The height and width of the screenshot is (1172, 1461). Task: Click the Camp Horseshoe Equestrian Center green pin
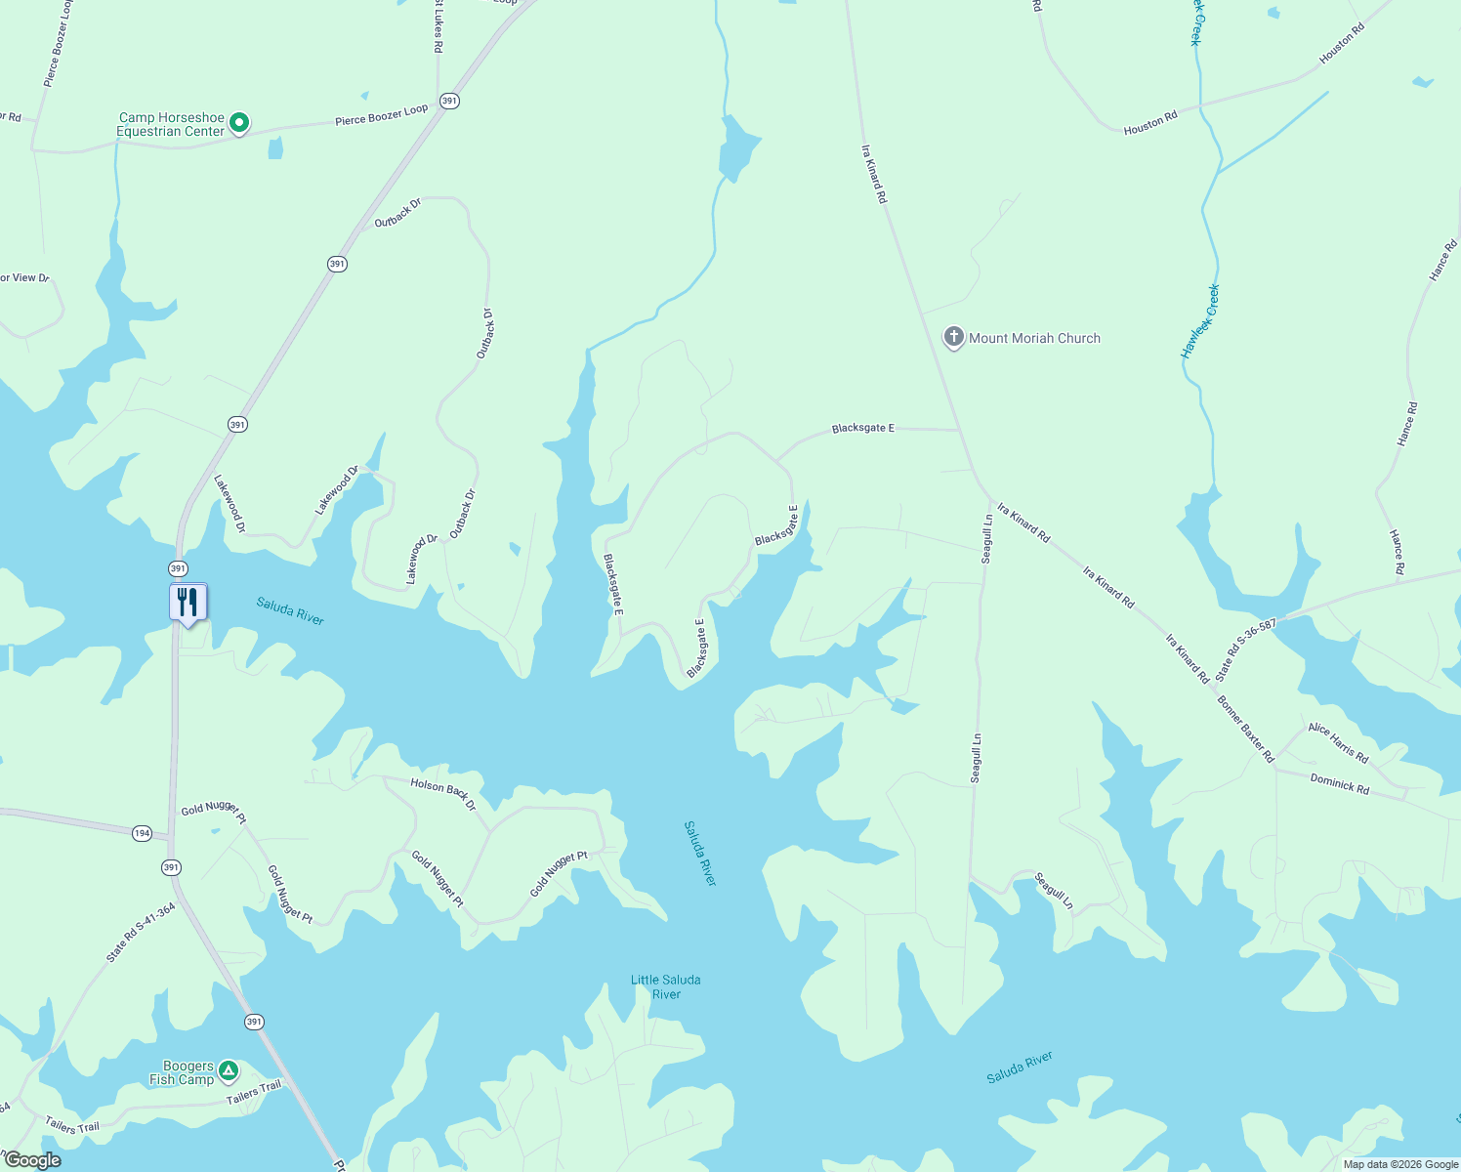(239, 124)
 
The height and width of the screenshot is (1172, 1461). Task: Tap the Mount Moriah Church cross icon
(953, 337)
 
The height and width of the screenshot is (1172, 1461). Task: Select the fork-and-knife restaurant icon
(188, 603)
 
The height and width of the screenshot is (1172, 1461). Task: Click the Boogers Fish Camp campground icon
(228, 1071)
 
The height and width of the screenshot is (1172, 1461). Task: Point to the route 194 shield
(143, 833)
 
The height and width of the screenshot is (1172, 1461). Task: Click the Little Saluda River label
(665, 986)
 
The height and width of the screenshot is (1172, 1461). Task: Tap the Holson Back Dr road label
(443, 794)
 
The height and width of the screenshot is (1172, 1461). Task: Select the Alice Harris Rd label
(1338, 742)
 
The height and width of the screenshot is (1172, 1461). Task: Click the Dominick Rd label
(1340, 782)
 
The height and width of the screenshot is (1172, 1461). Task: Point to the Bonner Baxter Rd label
(1245, 729)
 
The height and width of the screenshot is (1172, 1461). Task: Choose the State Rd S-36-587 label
(1245, 649)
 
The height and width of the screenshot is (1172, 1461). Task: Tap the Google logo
(32, 1160)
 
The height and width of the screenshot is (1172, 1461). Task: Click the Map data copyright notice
(1400, 1164)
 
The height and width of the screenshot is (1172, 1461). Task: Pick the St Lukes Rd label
(438, 25)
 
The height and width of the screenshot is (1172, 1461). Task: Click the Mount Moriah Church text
(1034, 338)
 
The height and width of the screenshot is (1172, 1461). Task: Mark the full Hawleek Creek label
(1200, 321)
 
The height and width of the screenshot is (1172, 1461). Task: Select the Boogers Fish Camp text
(183, 1072)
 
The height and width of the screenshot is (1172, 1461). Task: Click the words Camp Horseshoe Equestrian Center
(171, 124)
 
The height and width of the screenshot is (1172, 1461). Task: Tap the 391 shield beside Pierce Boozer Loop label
(449, 101)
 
